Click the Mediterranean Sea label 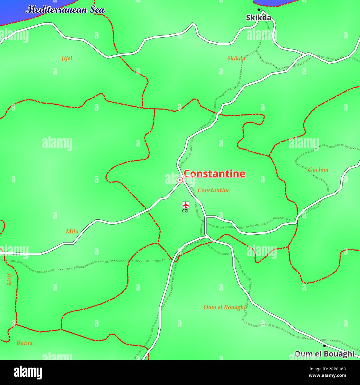[x=65, y=10]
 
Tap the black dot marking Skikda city [x=259, y=10]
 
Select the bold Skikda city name [x=259, y=18]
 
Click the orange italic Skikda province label [x=236, y=58]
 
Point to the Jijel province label [x=67, y=58]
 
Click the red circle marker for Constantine [x=180, y=180]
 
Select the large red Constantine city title [x=214, y=174]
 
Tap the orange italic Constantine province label [x=214, y=190]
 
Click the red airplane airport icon [x=186, y=205]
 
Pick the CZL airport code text [x=186, y=211]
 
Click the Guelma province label [x=318, y=170]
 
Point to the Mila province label [x=72, y=232]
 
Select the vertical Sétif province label [x=10, y=279]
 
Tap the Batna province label [x=25, y=343]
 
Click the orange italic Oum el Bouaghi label [x=225, y=307]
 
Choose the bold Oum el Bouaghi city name [x=324, y=354]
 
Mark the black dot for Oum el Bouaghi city [x=324, y=346]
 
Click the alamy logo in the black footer [x=28, y=373]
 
